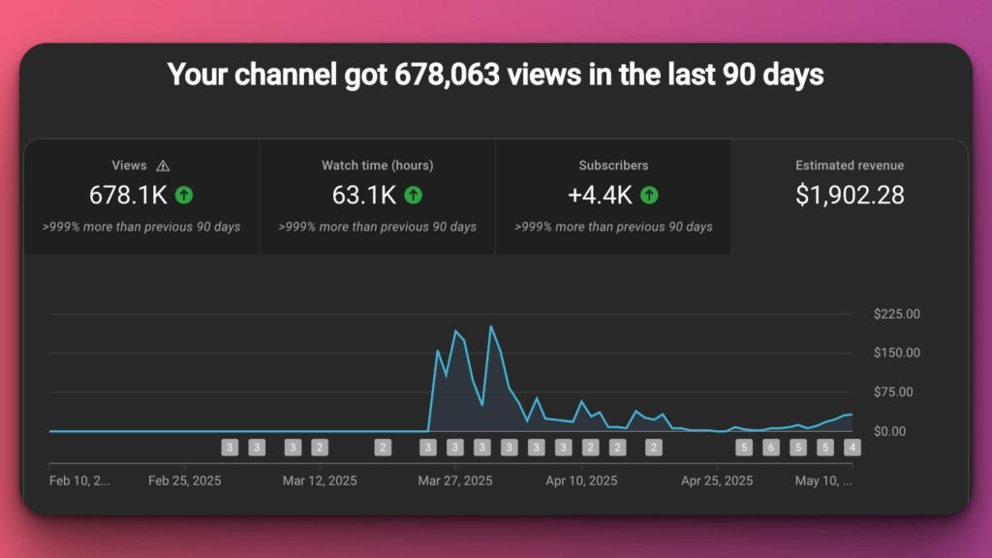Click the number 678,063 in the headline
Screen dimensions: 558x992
pyautogui.click(x=446, y=75)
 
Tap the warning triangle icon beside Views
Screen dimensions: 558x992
pyautogui.click(x=164, y=166)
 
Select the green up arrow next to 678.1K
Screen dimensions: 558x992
pyautogui.click(x=184, y=195)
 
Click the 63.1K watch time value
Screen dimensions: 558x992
pyautogui.click(x=363, y=195)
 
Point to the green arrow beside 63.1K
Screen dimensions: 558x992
pyautogui.click(x=414, y=195)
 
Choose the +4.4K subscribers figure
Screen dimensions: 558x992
pyautogui.click(x=600, y=195)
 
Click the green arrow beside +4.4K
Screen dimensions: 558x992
pyautogui.click(x=649, y=195)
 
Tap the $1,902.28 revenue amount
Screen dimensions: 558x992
pyautogui.click(x=850, y=195)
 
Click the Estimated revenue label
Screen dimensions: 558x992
pyautogui.click(x=850, y=166)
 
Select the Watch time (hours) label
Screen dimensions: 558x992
pyautogui.click(x=377, y=166)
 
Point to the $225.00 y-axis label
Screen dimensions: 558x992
pyautogui.click(x=896, y=314)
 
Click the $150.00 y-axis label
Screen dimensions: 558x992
pyautogui.click(x=896, y=353)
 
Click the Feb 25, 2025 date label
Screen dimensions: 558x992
pyautogui.click(x=185, y=480)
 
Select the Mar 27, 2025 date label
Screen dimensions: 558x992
pyautogui.click(x=455, y=480)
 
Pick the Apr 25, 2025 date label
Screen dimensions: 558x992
pyautogui.click(x=716, y=480)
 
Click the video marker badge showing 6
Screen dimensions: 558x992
pyautogui.click(x=771, y=448)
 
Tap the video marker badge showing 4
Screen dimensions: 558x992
pyautogui.click(x=852, y=448)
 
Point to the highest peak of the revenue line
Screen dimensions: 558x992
pyautogui.click(x=491, y=326)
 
